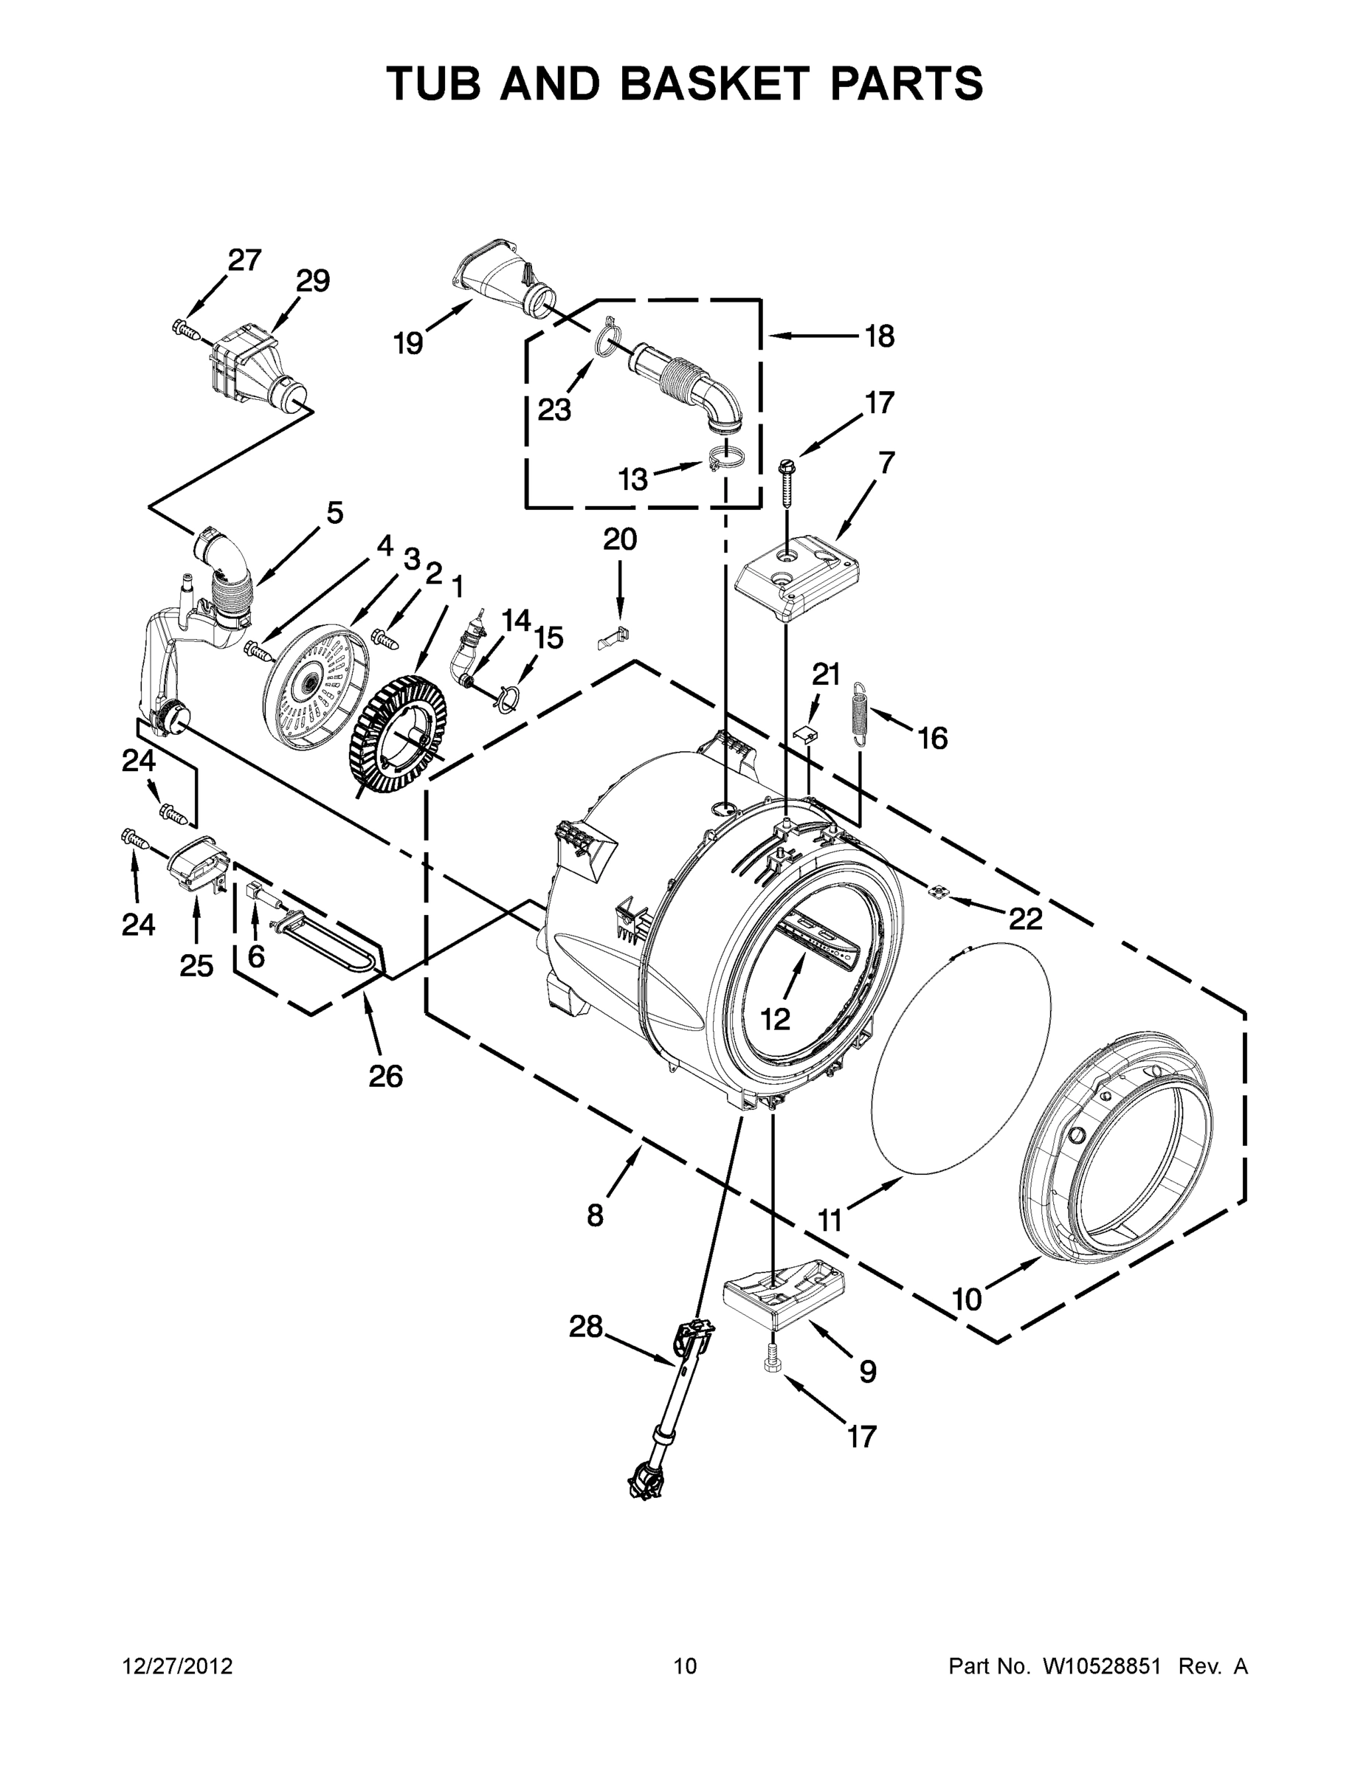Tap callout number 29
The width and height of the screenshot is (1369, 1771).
tap(312, 281)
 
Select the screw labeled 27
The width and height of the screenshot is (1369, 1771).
tap(186, 329)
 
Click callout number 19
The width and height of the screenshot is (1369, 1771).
tap(409, 344)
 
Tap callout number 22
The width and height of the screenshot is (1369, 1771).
tap(1025, 918)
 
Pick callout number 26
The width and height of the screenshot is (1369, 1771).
tap(385, 1076)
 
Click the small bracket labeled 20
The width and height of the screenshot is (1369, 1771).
tap(614, 638)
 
